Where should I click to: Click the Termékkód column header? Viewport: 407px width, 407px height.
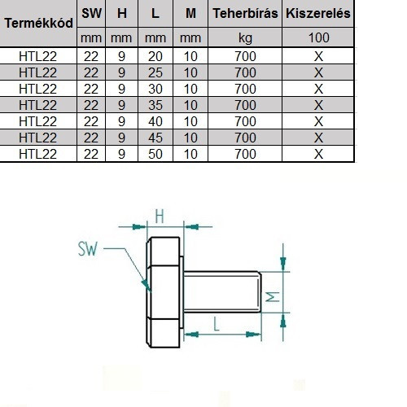[x=39, y=23]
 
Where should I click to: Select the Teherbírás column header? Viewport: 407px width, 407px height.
[x=245, y=13]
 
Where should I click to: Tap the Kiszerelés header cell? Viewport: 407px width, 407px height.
[x=318, y=13]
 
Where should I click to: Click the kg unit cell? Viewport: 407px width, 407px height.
[x=245, y=38]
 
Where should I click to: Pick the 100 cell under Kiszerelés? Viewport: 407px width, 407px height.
[x=318, y=37]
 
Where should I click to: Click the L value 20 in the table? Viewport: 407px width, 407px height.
[x=155, y=56]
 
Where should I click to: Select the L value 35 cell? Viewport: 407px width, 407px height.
[x=155, y=105]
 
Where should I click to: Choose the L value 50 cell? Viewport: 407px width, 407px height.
[x=155, y=154]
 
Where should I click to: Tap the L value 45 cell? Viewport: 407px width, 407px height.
[x=155, y=138]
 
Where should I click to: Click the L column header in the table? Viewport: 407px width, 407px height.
[x=155, y=13]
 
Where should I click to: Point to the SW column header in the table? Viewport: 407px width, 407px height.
[x=91, y=13]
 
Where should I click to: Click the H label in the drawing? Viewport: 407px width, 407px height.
[x=160, y=217]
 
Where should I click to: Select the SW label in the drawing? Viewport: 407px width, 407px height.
[x=87, y=248]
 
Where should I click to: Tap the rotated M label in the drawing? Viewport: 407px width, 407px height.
[x=272, y=297]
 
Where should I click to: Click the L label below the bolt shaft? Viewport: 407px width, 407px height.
[x=217, y=324]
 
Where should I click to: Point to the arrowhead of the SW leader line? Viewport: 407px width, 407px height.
[x=147, y=286]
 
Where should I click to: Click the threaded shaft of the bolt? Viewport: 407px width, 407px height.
[x=222, y=292]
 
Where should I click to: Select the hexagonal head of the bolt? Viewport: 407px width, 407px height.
[x=163, y=292]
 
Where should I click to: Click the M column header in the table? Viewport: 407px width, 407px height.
[x=190, y=13]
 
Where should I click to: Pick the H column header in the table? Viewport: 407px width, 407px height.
[x=122, y=13]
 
